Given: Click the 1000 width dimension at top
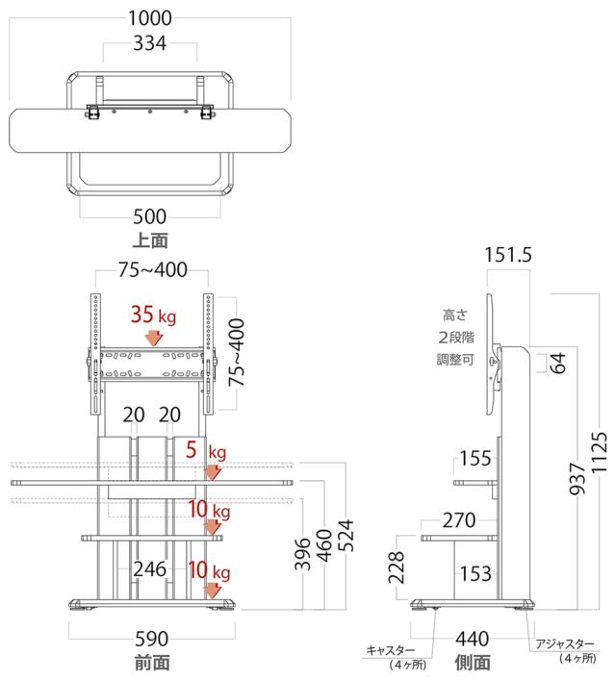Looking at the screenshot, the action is pos(150,18).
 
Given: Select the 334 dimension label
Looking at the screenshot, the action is pos(149,43).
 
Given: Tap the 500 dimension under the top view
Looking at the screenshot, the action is pos(149,216).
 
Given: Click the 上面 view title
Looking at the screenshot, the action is pos(150,240).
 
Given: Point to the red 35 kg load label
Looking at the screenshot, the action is pos(153,315).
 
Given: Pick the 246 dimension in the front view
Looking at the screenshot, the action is pos(149,569).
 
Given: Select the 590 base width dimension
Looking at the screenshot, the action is pos(151,639).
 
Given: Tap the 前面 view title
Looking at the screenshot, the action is pos(152,663).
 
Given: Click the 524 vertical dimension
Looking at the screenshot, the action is pos(346,535).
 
